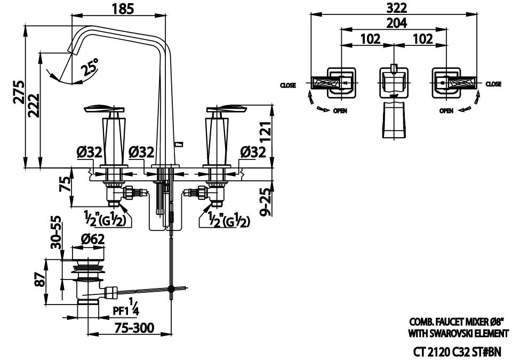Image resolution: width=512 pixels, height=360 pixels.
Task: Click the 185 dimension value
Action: (x=123, y=9)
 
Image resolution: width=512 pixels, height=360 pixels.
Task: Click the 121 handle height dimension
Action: (x=266, y=132)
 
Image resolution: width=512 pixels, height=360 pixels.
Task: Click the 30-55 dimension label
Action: (x=57, y=233)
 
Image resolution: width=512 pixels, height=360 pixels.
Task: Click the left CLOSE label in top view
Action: (x=288, y=85)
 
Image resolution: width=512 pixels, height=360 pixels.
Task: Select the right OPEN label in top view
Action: (x=447, y=111)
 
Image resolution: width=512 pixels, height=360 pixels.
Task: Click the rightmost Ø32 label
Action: (x=252, y=153)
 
